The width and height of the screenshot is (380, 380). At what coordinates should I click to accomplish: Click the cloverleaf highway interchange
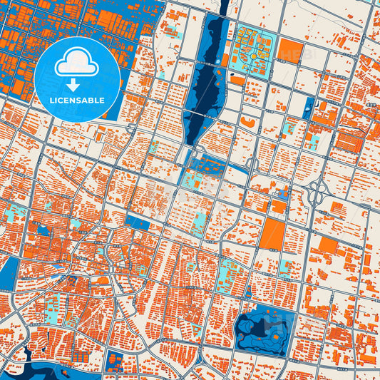click(x=318, y=191)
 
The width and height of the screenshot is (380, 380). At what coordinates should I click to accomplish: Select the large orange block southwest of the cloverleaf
click(x=272, y=234)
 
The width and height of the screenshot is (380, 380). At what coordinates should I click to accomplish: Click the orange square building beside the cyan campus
click(x=290, y=51)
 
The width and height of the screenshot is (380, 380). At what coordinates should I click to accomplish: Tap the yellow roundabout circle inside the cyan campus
click(x=252, y=54)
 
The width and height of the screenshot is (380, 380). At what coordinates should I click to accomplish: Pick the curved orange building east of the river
click(x=247, y=123)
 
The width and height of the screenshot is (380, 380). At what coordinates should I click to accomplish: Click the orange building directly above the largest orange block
click(x=278, y=207)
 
